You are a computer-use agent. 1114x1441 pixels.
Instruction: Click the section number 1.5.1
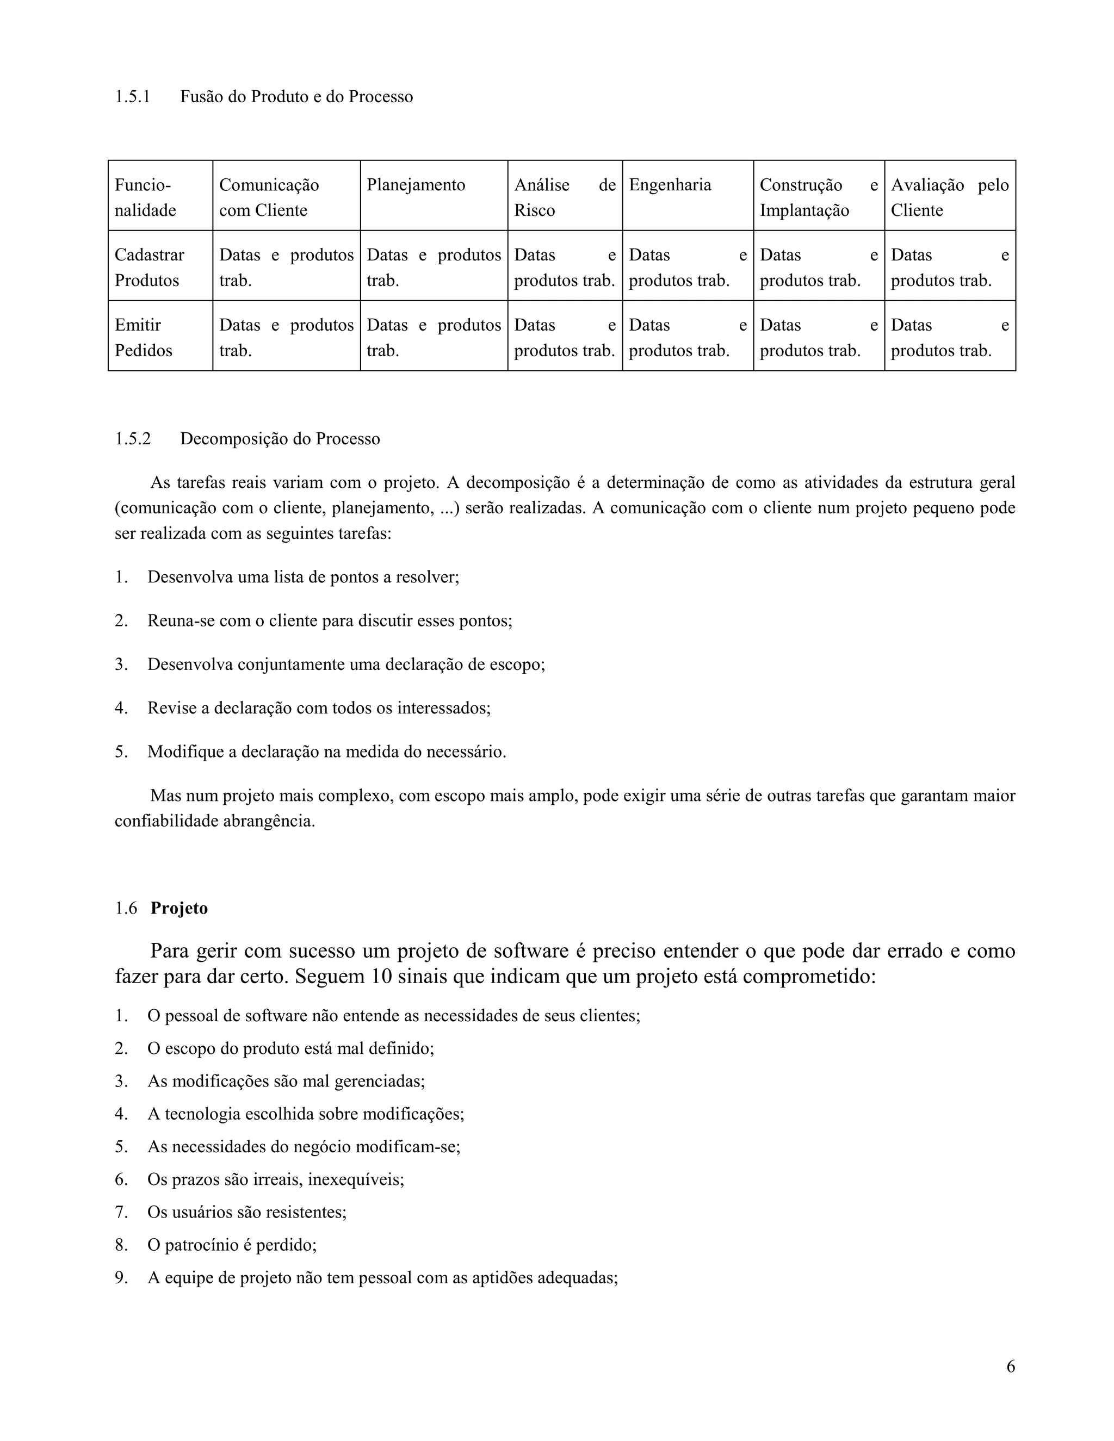pos(132,97)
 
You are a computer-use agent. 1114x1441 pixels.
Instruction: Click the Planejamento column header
pos(416,185)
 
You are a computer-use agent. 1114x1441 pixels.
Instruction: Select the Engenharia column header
pos(670,185)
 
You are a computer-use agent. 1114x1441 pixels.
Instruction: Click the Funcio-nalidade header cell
pos(145,197)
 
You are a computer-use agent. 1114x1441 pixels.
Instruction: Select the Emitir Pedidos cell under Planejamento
pos(434,337)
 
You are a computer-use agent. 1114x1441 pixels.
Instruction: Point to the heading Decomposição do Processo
pos(280,439)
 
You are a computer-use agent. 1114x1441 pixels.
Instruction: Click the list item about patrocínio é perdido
pos(232,1245)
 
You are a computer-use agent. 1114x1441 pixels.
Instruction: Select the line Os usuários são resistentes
pos(247,1212)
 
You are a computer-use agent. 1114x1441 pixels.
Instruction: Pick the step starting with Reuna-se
pos(330,621)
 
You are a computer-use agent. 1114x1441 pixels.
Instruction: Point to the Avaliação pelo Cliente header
pos(949,197)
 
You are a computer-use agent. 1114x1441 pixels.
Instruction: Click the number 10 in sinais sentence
pos(381,976)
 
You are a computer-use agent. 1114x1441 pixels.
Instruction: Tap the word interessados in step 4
pos(443,708)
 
